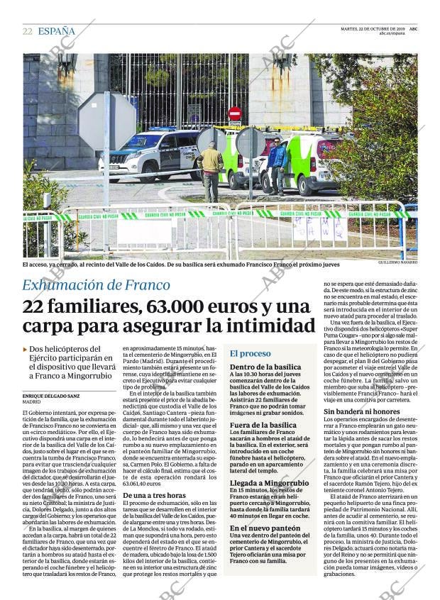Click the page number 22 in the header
tap(27, 31)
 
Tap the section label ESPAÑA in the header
tap(56, 31)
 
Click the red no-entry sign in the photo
tap(234, 113)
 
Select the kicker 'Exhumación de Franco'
tap(96, 285)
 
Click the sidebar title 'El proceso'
tap(250, 352)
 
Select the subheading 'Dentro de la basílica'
tap(265, 367)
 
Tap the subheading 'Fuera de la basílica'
tap(263, 424)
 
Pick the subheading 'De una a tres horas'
tap(155, 496)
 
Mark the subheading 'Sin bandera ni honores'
tap(362, 411)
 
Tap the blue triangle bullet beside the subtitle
tap(26, 350)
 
